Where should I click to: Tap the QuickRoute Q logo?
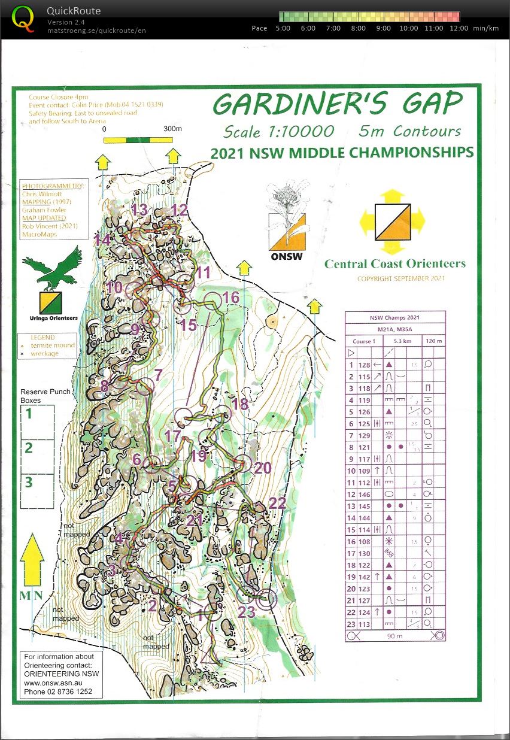[x=23, y=17]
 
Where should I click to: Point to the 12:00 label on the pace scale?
[x=459, y=28]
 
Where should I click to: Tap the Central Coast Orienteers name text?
[x=394, y=263]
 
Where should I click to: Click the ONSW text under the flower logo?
[x=286, y=257]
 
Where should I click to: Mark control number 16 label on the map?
[x=230, y=298]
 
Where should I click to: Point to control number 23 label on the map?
[x=247, y=612]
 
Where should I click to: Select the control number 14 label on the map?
[x=102, y=240]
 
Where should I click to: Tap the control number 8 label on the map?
[x=104, y=386]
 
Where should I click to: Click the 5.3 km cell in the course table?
[x=396, y=341]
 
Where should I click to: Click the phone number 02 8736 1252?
[x=58, y=692]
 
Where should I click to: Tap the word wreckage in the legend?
[x=46, y=354]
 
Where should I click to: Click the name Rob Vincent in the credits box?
[x=41, y=226]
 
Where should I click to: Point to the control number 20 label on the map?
[x=263, y=468]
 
